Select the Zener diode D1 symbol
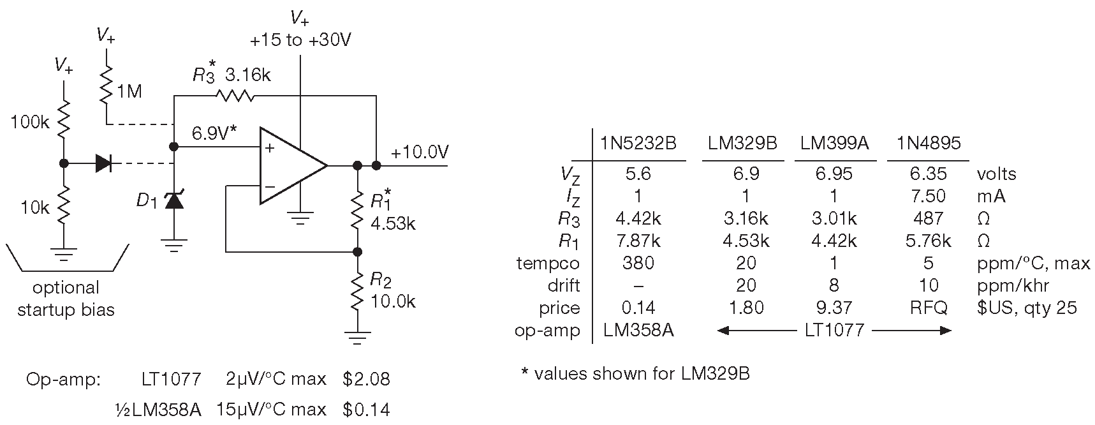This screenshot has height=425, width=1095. click(x=174, y=201)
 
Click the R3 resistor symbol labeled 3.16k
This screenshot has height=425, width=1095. click(x=235, y=96)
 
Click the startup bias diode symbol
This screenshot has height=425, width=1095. click(x=104, y=163)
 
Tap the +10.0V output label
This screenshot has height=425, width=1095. click(x=420, y=153)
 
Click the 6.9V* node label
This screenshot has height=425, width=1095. click(x=214, y=133)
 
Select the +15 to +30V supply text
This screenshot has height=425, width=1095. click(x=300, y=40)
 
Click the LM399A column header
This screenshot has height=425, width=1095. click(x=834, y=144)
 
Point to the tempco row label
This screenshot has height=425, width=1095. click(x=548, y=263)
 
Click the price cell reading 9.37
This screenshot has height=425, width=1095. click(x=834, y=308)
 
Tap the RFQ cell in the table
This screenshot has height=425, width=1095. click(x=928, y=308)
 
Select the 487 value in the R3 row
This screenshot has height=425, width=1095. click(x=928, y=218)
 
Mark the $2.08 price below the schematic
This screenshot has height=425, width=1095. click(x=366, y=379)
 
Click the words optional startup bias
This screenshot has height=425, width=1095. click(x=66, y=299)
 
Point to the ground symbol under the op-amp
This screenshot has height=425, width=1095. click(x=300, y=219)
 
